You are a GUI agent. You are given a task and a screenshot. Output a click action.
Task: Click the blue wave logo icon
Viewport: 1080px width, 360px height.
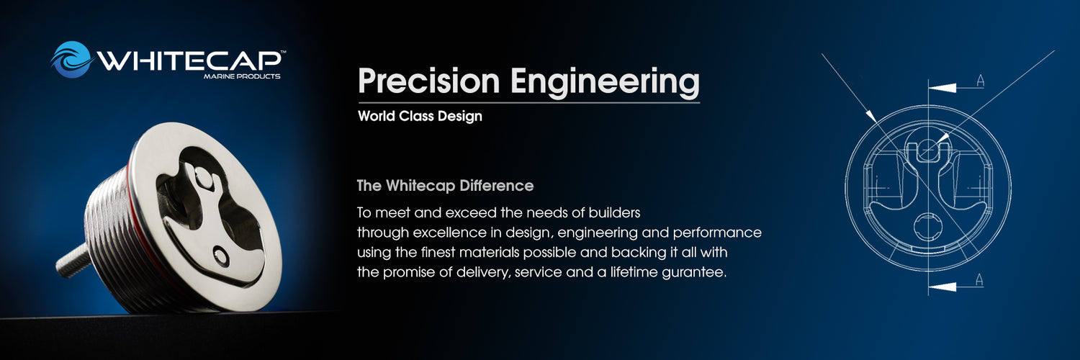pos(72,59)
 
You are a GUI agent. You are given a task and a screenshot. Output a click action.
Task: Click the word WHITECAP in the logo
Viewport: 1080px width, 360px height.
pos(189,61)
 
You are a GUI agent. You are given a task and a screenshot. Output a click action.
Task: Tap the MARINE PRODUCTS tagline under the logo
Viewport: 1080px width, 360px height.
pos(241,76)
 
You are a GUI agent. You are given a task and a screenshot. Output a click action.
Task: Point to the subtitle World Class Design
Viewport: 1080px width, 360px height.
pos(420,116)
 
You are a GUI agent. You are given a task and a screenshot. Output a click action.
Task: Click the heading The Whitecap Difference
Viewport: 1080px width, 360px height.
pos(445,186)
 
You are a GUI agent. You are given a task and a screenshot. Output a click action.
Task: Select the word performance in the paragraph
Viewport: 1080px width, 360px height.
pos(717,233)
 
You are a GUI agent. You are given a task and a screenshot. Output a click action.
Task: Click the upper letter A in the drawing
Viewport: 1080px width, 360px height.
pos(980,81)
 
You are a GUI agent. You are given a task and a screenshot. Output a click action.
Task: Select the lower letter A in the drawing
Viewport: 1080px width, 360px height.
pos(979,279)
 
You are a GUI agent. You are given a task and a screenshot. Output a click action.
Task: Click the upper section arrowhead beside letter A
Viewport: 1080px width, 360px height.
pos(942,88)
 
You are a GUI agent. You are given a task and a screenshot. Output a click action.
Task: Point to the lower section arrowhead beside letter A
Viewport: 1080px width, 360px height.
pos(942,287)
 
